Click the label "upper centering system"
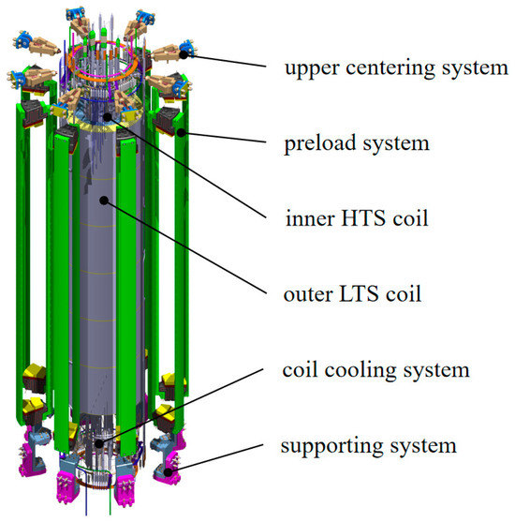(x=396, y=68)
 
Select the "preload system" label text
(x=357, y=143)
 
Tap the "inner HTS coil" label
(x=357, y=218)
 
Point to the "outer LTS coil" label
(x=352, y=294)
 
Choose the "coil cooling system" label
(x=375, y=370)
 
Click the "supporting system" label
(x=368, y=446)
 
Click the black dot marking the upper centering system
(x=184, y=54)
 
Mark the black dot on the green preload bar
(x=181, y=133)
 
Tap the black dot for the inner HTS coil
(x=107, y=116)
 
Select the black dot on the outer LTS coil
(x=104, y=200)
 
